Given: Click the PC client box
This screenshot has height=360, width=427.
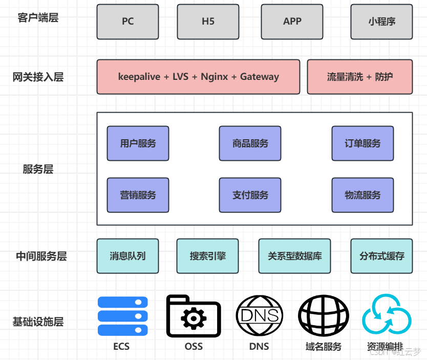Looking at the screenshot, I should coord(127,22).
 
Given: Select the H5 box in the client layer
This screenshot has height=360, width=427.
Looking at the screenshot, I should coord(208,22).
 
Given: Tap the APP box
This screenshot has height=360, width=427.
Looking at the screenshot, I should coord(292,22).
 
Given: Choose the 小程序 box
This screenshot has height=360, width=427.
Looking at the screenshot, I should coord(381,22).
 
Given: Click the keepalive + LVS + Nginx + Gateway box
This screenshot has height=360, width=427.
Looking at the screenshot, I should coord(198,77).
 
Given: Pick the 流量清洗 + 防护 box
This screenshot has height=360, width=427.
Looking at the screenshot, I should coord(359,77).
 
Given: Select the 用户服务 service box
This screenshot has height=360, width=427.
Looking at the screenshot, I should coord(138,143).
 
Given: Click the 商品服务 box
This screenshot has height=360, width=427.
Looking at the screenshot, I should coord(250,143).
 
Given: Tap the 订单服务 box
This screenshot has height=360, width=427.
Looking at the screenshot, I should coord(362,143).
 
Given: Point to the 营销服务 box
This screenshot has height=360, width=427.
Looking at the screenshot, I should coord(138,195).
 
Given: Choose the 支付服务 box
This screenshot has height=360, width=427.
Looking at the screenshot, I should coord(250,195).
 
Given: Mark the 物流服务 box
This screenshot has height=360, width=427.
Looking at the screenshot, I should coord(362,195).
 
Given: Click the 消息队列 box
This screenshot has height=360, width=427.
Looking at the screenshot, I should coord(127,256).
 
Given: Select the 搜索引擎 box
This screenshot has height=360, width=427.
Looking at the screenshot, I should coord(207,256).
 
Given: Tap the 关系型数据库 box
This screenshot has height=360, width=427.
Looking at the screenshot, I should coord(294,256).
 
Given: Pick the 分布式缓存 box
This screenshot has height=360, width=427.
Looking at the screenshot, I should coord(381,256).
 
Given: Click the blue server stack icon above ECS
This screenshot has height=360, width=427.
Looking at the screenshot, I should coord(122,316).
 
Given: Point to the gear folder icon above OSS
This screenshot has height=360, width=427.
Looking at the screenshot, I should coord(194,316).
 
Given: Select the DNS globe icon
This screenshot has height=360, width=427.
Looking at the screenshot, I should coord(259,316).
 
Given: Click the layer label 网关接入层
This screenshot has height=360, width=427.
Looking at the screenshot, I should coord(38,77).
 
